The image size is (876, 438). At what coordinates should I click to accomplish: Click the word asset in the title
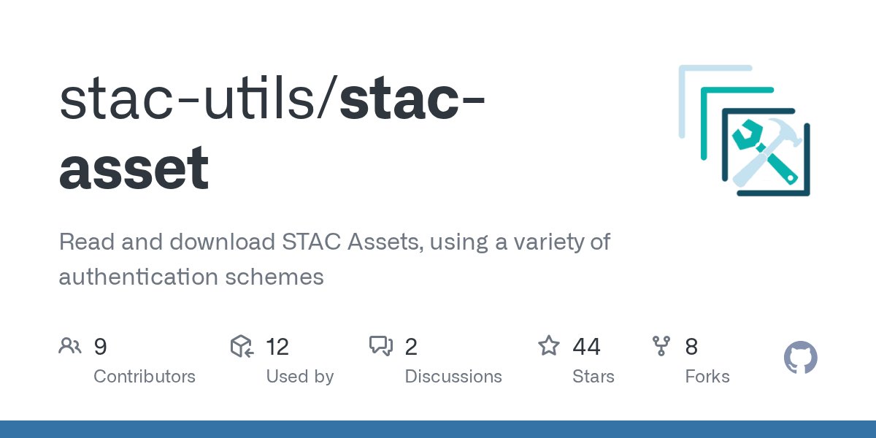pyautogui.click(x=134, y=169)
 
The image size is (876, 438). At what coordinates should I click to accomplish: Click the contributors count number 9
pyautogui.click(x=101, y=346)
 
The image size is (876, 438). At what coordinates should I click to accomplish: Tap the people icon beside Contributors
pyautogui.click(x=70, y=346)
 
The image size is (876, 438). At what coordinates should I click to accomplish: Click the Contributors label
pyautogui.click(x=145, y=377)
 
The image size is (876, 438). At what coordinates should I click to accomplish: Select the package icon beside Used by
pyautogui.click(x=242, y=346)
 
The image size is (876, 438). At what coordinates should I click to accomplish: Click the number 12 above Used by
pyautogui.click(x=277, y=346)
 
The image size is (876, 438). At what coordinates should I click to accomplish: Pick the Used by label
pyautogui.click(x=299, y=377)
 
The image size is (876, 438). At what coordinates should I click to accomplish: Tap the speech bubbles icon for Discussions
pyautogui.click(x=381, y=346)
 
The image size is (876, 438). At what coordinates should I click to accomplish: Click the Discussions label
pyautogui.click(x=453, y=377)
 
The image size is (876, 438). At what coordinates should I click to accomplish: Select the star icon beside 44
pyautogui.click(x=549, y=345)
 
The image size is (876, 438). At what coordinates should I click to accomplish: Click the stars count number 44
pyautogui.click(x=587, y=346)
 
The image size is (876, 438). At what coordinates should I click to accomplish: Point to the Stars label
pyautogui.click(x=593, y=377)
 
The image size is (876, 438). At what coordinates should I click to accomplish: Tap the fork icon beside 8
pyautogui.click(x=661, y=346)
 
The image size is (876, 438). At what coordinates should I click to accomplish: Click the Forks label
pyautogui.click(x=707, y=377)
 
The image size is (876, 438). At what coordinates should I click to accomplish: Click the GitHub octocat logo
pyautogui.click(x=801, y=358)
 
